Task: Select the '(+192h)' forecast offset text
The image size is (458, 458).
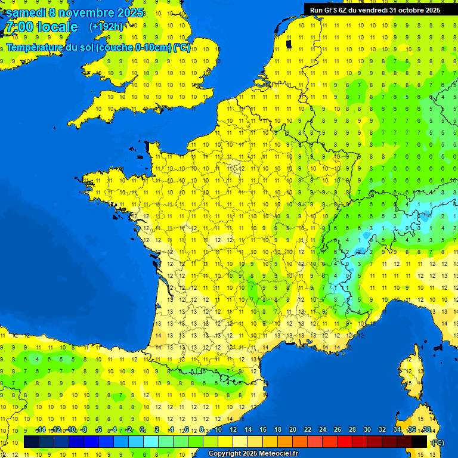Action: click(106, 27)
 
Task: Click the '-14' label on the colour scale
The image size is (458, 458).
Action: click(41, 430)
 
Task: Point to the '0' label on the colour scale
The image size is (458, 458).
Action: click(142, 430)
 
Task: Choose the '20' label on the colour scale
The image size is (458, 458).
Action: click(292, 430)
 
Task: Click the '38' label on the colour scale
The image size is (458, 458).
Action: click(426, 430)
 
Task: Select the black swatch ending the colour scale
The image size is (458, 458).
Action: click(419, 441)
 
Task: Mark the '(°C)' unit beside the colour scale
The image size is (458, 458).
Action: click(438, 442)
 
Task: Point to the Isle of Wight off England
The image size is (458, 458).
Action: click(160, 109)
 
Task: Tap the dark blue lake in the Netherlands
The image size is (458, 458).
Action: click(289, 43)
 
